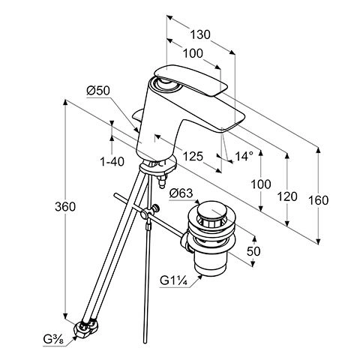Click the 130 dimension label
tap(200, 34)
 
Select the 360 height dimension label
tap(65, 207)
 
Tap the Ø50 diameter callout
tap(98, 91)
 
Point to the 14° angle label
tap(244, 157)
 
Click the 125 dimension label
tap(193, 157)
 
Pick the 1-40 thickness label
tap(112, 162)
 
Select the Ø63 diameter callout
tap(181, 193)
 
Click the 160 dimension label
tap(319, 200)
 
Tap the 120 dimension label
tap(287, 196)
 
